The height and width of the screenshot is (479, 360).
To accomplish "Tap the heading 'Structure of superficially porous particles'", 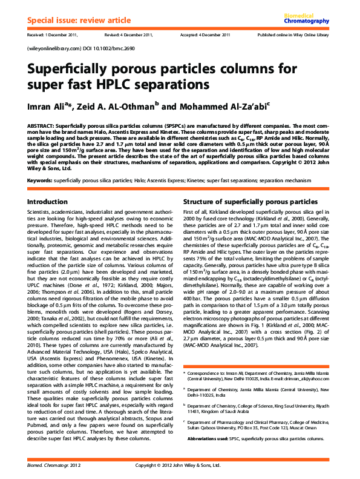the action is click(250, 201).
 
